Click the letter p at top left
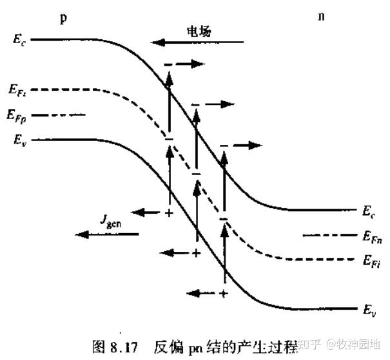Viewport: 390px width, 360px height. (x=63, y=17)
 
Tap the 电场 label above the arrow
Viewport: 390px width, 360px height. (x=198, y=30)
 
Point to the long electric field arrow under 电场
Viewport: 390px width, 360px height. (x=198, y=43)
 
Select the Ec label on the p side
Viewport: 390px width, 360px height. (x=19, y=39)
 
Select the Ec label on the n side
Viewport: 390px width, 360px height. (x=368, y=210)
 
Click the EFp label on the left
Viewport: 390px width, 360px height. (x=19, y=116)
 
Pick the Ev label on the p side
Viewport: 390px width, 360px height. (x=19, y=138)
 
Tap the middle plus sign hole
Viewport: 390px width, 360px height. (x=196, y=253)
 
